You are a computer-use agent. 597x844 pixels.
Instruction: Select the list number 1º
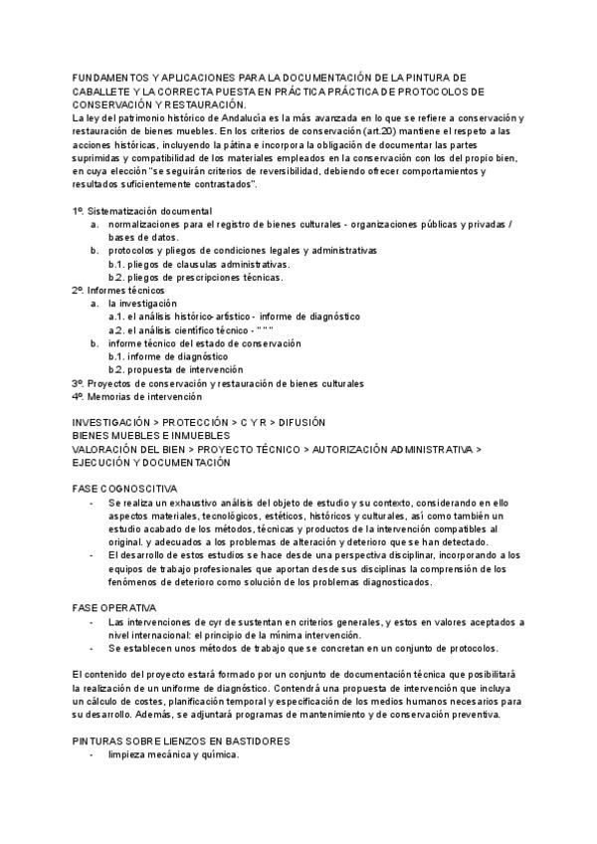point(79,211)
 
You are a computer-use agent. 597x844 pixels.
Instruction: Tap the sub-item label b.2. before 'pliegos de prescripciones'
point(120,277)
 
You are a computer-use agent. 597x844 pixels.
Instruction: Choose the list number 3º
point(79,382)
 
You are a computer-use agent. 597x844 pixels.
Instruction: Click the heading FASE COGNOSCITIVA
point(124,490)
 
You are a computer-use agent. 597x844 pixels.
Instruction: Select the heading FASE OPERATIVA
point(114,607)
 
